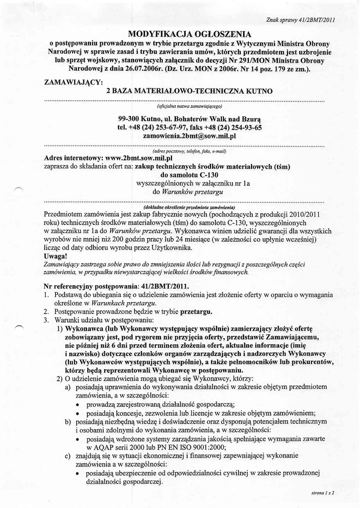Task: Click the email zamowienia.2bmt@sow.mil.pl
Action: [x=189, y=135]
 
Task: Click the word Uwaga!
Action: [x=55, y=256]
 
